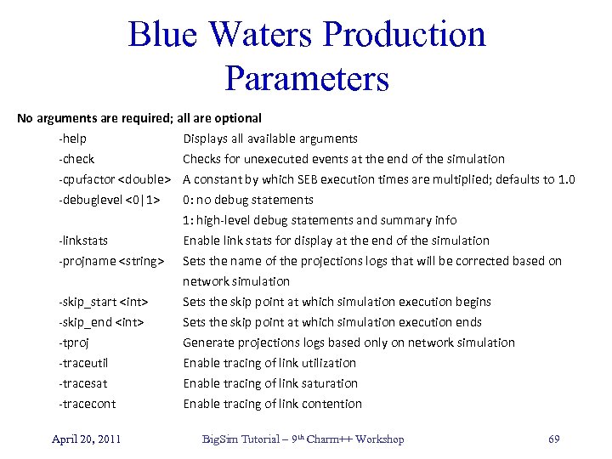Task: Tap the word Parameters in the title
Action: (307, 78)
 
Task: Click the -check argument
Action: (76, 159)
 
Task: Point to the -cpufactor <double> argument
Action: (115, 179)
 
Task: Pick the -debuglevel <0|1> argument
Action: (110, 200)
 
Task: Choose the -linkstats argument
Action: (83, 241)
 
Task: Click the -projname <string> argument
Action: (110, 261)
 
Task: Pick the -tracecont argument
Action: (87, 404)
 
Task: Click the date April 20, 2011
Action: (86, 439)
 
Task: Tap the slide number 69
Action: (554, 439)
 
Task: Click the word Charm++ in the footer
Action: (325, 439)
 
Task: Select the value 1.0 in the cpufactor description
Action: (565, 179)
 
